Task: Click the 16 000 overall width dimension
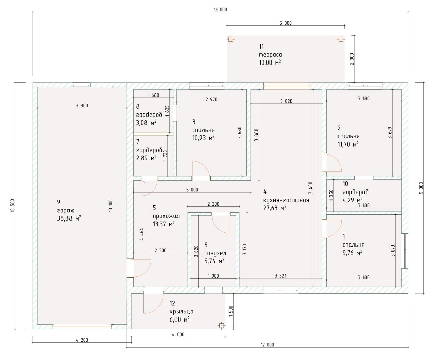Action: click(x=220, y=10)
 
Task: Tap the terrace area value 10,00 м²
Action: click(x=270, y=62)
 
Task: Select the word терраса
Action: click(x=270, y=55)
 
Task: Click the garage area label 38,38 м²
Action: click(x=69, y=218)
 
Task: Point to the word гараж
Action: click(x=65, y=211)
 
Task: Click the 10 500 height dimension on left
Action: click(x=12, y=205)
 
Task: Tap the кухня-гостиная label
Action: click(x=286, y=200)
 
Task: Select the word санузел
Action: click(x=215, y=253)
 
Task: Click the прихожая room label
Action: click(x=166, y=216)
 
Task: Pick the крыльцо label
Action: click(x=182, y=312)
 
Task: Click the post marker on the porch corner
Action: click(x=222, y=326)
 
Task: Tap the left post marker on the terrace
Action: click(x=230, y=39)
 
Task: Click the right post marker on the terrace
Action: click(x=341, y=39)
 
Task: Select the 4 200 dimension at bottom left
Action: click(x=82, y=340)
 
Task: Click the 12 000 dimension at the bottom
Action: click(x=267, y=345)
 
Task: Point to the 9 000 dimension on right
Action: click(x=421, y=188)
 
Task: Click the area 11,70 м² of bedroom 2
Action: click(x=348, y=144)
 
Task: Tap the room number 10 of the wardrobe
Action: click(x=345, y=184)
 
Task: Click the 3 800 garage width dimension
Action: click(x=82, y=106)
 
